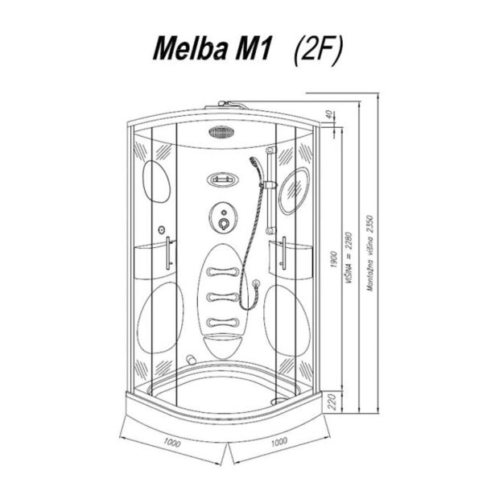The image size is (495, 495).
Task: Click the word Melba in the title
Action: click(x=189, y=49)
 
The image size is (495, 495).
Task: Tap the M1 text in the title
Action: click(x=254, y=49)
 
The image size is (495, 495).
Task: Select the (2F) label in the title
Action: click(x=318, y=51)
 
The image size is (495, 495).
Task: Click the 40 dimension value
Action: click(x=328, y=115)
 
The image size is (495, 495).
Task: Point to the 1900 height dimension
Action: click(x=334, y=259)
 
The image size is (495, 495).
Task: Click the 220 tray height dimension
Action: click(x=332, y=402)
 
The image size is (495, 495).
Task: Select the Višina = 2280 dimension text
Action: click(x=349, y=258)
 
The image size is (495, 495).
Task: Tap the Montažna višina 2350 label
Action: click(x=370, y=254)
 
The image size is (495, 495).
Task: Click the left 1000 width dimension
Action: click(x=172, y=443)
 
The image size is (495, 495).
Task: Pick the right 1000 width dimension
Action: click(x=279, y=441)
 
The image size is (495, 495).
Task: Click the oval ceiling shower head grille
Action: click(x=222, y=132)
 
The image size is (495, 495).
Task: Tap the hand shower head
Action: click(x=255, y=163)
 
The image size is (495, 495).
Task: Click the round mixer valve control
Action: click(x=223, y=218)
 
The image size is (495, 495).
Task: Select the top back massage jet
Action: click(x=223, y=271)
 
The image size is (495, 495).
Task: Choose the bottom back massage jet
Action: click(x=223, y=322)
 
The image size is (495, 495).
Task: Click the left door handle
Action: click(x=168, y=254)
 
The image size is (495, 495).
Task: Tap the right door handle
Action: click(x=284, y=254)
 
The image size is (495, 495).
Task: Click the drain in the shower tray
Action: click(x=278, y=401)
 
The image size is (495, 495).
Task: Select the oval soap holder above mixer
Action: click(x=223, y=180)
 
